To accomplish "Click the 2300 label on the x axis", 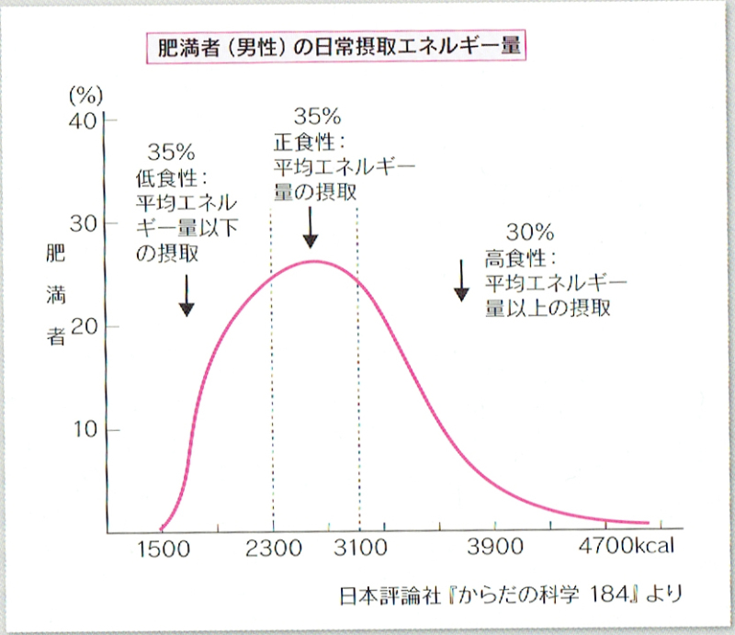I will pyautogui.click(x=274, y=549).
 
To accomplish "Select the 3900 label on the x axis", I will pyautogui.click(x=495, y=549).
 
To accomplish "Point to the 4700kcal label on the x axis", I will pyautogui.click(x=628, y=549).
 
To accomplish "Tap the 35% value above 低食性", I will pyautogui.click(x=171, y=152).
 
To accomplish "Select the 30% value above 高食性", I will pyautogui.click(x=528, y=232).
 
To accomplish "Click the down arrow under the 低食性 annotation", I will pyautogui.click(x=187, y=296).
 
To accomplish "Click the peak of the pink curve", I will pyautogui.click(x=313, y=261).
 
